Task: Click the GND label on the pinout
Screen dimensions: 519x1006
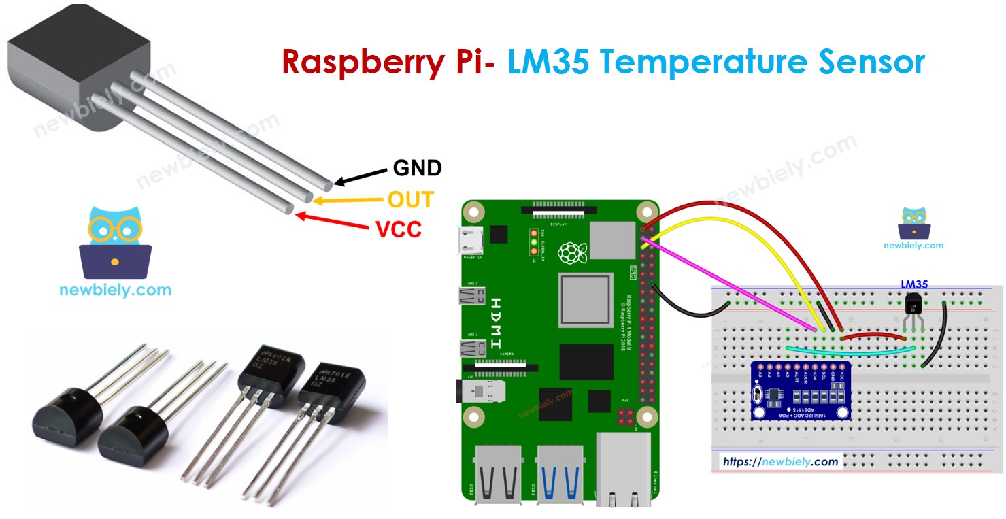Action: [x=417, y=167]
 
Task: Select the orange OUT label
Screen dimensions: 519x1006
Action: [x=410, y=199]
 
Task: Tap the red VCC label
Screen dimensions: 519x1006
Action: [x=399, y=229]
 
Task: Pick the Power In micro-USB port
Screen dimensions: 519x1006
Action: [x=471, y=240]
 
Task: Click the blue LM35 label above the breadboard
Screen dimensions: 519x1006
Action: [x=914, y=284]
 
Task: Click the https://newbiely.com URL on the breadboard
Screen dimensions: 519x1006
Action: [x=780, y=461]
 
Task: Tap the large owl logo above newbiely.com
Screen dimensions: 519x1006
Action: [x=115, y=242]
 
